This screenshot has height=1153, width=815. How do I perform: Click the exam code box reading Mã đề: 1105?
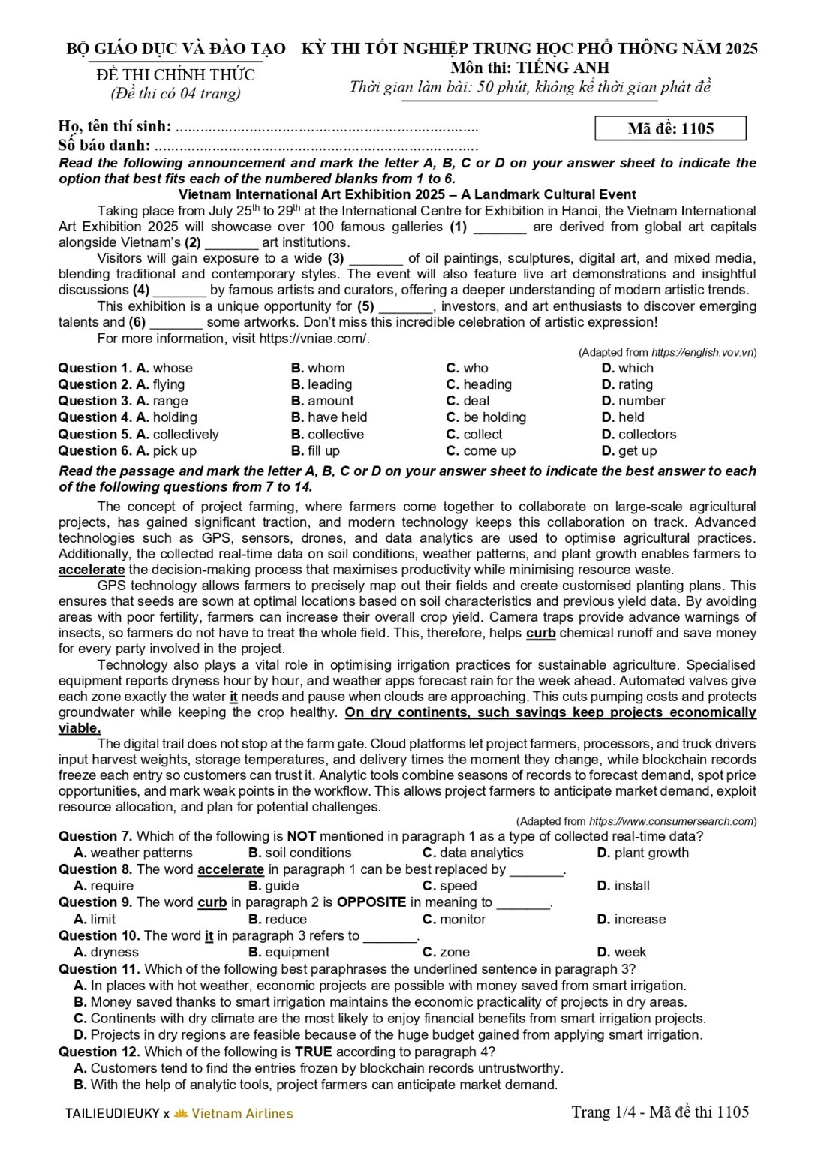click(670, 128)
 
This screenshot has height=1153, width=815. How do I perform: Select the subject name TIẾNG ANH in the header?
click(562, 68)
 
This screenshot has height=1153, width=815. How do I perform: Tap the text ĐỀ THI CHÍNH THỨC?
click(176, 75)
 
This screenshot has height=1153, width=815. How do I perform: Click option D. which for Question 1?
click(627, 368)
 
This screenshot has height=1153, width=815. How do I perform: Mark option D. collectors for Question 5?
click(639, 435)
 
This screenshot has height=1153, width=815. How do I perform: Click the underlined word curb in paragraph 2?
click(540, 633)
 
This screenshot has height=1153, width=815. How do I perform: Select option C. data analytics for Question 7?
click(473, 853)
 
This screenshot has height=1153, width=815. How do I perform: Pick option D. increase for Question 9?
click(631, 919)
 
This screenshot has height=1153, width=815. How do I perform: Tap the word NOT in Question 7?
click(301, 836)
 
